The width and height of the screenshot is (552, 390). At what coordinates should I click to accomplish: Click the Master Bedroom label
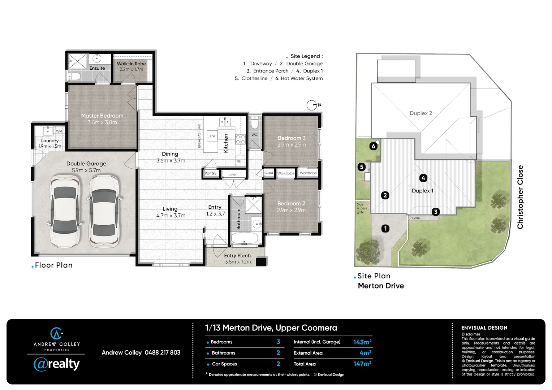102,116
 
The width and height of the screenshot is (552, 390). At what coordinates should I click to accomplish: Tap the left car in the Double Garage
65,210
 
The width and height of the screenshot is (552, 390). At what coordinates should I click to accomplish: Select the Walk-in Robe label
131,64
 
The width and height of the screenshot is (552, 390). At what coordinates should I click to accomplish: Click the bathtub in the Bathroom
245,238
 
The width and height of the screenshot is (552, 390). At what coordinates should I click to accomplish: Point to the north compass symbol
312,105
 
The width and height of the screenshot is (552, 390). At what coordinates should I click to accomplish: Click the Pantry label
210,173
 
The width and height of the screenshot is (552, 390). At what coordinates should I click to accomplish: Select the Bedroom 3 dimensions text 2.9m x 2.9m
292,145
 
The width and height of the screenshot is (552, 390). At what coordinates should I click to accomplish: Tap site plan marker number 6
374,146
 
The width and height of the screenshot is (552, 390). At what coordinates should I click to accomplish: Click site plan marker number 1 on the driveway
385,228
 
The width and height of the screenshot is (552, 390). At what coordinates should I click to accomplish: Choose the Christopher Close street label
520,197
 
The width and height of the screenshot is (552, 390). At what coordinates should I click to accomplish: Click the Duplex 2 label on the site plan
421,113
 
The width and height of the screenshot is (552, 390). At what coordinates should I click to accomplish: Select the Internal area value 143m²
362,342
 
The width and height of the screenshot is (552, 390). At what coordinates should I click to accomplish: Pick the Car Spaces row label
224,364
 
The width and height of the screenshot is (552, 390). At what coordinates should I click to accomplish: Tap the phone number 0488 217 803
162,352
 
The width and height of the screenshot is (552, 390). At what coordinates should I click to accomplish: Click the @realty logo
56,364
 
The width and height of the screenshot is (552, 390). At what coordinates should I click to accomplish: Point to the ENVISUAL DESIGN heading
484,328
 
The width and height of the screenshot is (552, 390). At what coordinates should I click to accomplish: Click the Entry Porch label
237,256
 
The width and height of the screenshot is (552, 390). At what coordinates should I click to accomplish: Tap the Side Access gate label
362,208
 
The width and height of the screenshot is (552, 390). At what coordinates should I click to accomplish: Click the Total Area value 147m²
362,364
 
